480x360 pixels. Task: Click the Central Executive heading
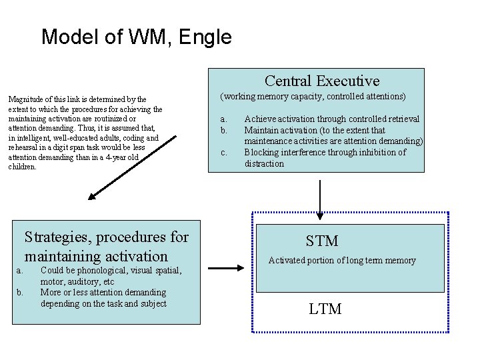click(322, 81)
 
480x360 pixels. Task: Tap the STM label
click(322, 241)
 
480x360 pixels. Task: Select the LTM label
click(325, 309)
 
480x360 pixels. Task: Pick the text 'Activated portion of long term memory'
click(342, 261)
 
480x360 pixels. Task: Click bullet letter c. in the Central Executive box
click(224, 152)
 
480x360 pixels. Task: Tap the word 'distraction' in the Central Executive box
click(264, 163)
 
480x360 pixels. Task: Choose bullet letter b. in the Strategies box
click(19, 292)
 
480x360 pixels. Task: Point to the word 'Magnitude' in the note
click(25, 99)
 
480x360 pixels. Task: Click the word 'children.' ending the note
click(23, 167)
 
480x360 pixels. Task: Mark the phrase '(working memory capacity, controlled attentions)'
click(313, 97)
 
